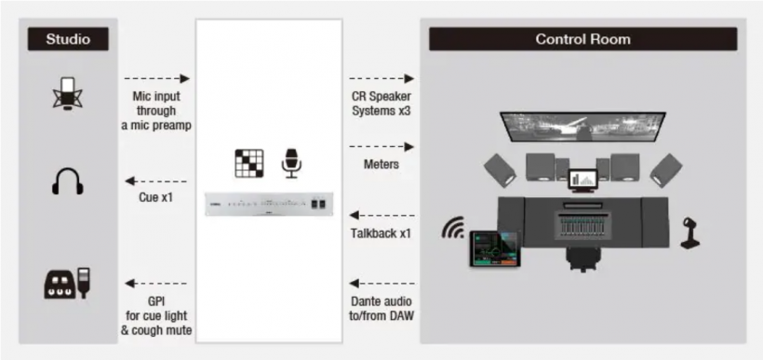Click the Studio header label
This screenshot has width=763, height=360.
[68, 39]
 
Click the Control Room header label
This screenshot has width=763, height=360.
[582, 39]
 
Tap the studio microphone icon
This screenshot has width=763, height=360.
[68, 93]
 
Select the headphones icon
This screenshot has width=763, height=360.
[68, 181]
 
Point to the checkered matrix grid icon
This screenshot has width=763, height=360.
[249, 163]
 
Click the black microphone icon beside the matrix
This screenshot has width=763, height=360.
[291, 163]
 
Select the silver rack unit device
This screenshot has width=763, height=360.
[269, 204]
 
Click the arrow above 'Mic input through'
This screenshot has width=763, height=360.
[156, 78]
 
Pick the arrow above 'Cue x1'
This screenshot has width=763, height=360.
[156, 181]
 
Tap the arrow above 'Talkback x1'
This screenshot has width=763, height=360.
[382, 215]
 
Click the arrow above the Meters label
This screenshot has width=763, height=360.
[382, 146]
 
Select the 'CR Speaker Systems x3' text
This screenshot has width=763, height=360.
[381, 102]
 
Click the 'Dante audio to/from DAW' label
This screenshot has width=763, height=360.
[381, 309]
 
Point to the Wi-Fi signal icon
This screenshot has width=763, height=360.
[452, 228]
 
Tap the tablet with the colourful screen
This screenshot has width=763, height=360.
[495, 248]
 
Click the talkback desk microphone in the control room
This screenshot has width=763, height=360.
[690, 233]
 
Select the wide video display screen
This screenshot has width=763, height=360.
[583, 127]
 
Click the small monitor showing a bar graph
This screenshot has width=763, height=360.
[583, 180]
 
